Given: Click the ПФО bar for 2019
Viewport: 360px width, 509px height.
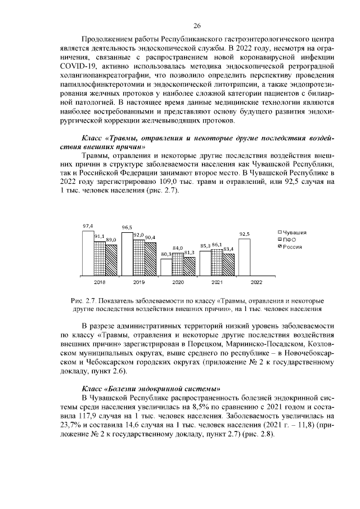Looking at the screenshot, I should [138, 258].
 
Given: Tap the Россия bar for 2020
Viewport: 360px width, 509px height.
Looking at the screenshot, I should [189, 266].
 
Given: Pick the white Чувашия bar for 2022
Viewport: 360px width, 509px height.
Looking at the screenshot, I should [244, 257].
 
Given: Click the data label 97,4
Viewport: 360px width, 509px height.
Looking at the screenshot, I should [88, 226].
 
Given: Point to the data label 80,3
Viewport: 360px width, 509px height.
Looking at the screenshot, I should [165, 254].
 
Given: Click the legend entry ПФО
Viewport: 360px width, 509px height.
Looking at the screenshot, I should [290, 240].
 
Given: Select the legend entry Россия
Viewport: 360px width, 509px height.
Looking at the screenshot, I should [292, 247].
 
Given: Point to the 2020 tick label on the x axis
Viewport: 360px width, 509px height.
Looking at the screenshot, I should [177, 282].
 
